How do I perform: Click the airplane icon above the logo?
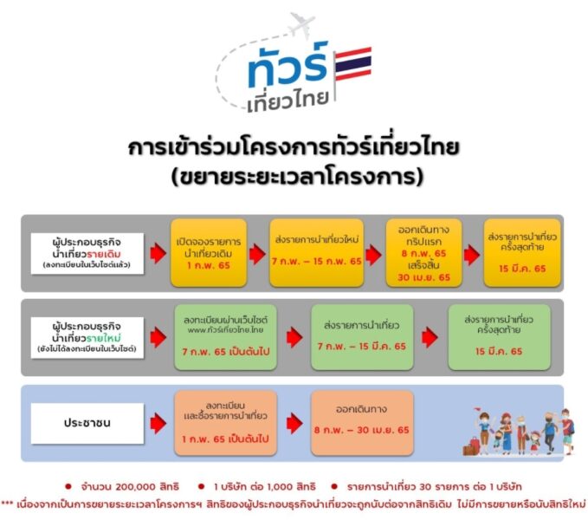point(302,24)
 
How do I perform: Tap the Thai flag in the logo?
point(352,64)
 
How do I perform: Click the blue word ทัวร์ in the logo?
point(288,65)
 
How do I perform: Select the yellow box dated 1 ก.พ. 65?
point(209,253)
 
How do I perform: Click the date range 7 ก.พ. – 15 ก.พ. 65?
point(316,261)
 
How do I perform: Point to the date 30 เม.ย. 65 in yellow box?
point(423,277)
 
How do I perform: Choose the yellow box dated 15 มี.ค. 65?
point(522,253)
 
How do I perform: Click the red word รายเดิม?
point(104,254)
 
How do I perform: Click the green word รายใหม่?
point(104,338)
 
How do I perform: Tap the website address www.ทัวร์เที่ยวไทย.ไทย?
point(225,330)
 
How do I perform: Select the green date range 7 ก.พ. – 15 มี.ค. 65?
point(361,347)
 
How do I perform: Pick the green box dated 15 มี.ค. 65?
point(499,337)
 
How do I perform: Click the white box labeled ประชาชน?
point(87,423)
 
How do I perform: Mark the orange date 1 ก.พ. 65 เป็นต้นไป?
point(225,439)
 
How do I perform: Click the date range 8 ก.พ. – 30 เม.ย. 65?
point(361,430)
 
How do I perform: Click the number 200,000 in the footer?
point(135,487)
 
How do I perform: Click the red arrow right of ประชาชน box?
point(158,423)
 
